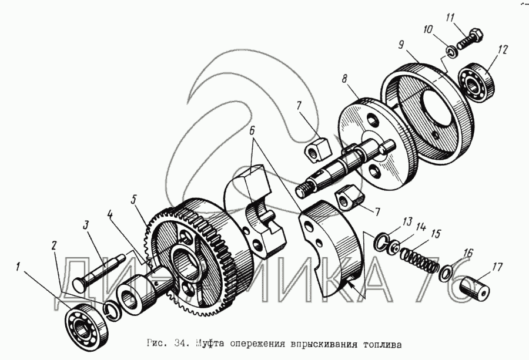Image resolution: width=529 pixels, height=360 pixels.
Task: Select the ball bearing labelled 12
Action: (476, 81)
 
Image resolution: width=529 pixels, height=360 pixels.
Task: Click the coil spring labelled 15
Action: (419, 259)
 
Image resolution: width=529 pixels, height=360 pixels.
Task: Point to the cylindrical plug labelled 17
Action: (474, 287)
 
